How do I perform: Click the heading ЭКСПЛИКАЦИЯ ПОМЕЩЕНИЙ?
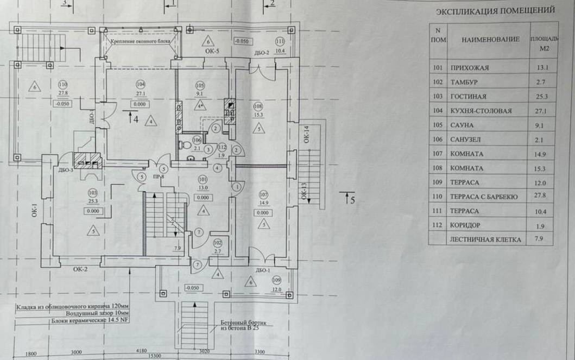[x=495, y=10]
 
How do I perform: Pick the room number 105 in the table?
[x=438, y=125]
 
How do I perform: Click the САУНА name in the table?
[x=462, y=125]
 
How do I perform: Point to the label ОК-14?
[x=307, y=134]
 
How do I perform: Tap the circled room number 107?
[x=264, y=195]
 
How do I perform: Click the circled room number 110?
[x=63, y=85]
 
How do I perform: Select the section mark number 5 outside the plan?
[x=352, y=199]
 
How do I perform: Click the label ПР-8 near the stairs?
[x=158, y=176]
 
